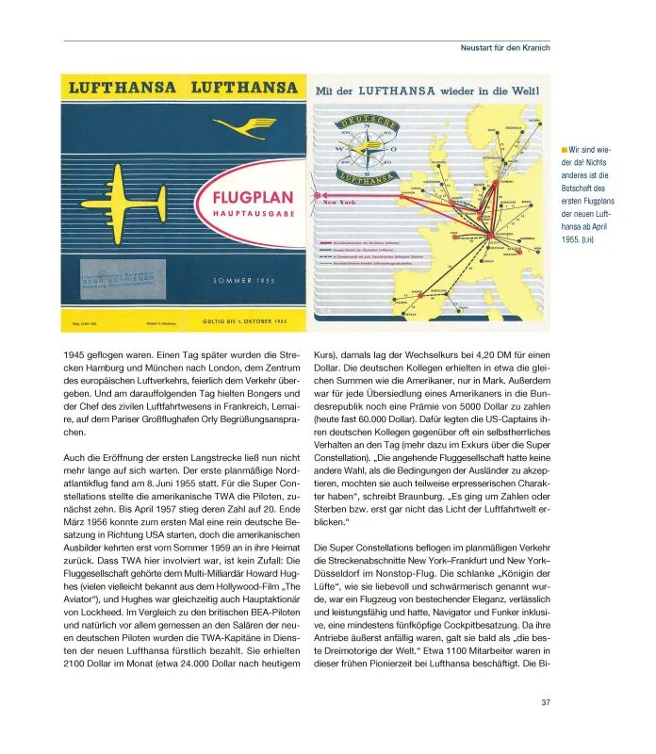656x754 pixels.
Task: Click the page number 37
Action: click(x=546, y=701)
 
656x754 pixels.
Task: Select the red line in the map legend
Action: click(x=339, y=242)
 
